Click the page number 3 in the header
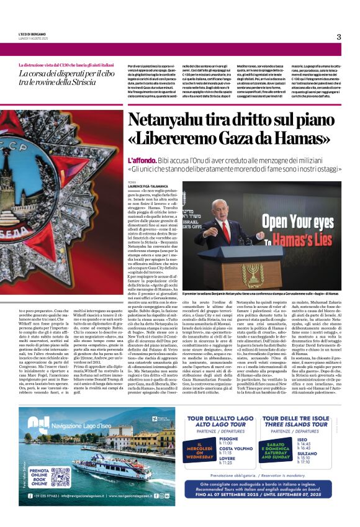339,36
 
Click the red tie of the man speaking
227,230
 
